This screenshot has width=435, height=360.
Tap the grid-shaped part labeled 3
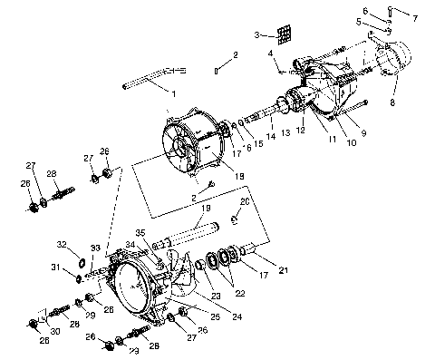point(285,34)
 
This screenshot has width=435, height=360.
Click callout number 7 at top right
point(416,17)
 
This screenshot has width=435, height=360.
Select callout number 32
point(61,245)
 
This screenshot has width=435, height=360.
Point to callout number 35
point(140,232)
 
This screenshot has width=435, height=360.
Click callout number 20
point(245,201)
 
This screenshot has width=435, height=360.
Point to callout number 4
point(269,54)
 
